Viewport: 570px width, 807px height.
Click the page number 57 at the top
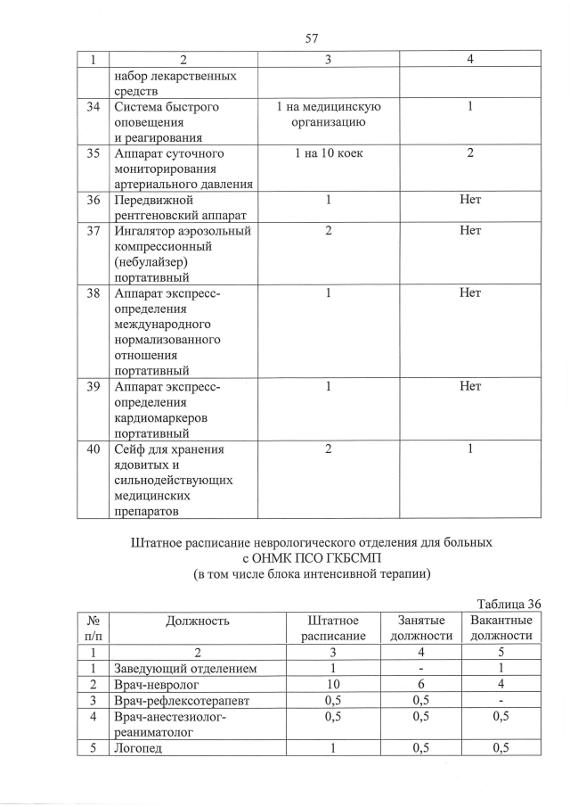pos(312,38)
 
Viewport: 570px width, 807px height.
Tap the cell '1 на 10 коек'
pos(328,153)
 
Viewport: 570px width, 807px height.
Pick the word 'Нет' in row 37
pos(469,231)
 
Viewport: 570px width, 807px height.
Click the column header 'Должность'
pos(197,621)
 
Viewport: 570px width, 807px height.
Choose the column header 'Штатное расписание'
pos(332,628)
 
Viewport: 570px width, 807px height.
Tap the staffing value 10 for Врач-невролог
pos(332,684)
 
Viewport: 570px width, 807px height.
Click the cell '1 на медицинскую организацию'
pos(328,114)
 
